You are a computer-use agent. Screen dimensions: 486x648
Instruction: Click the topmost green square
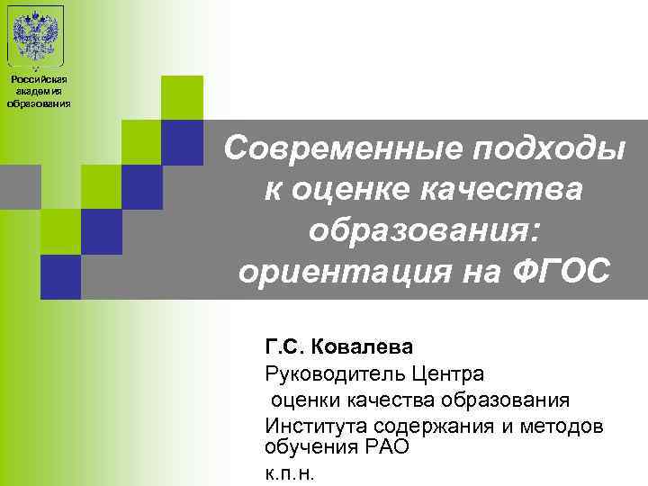pyautogui.click(x=181, y=97)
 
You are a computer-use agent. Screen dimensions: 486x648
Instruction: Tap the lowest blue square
pyautogui.click(x=60, y=277)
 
